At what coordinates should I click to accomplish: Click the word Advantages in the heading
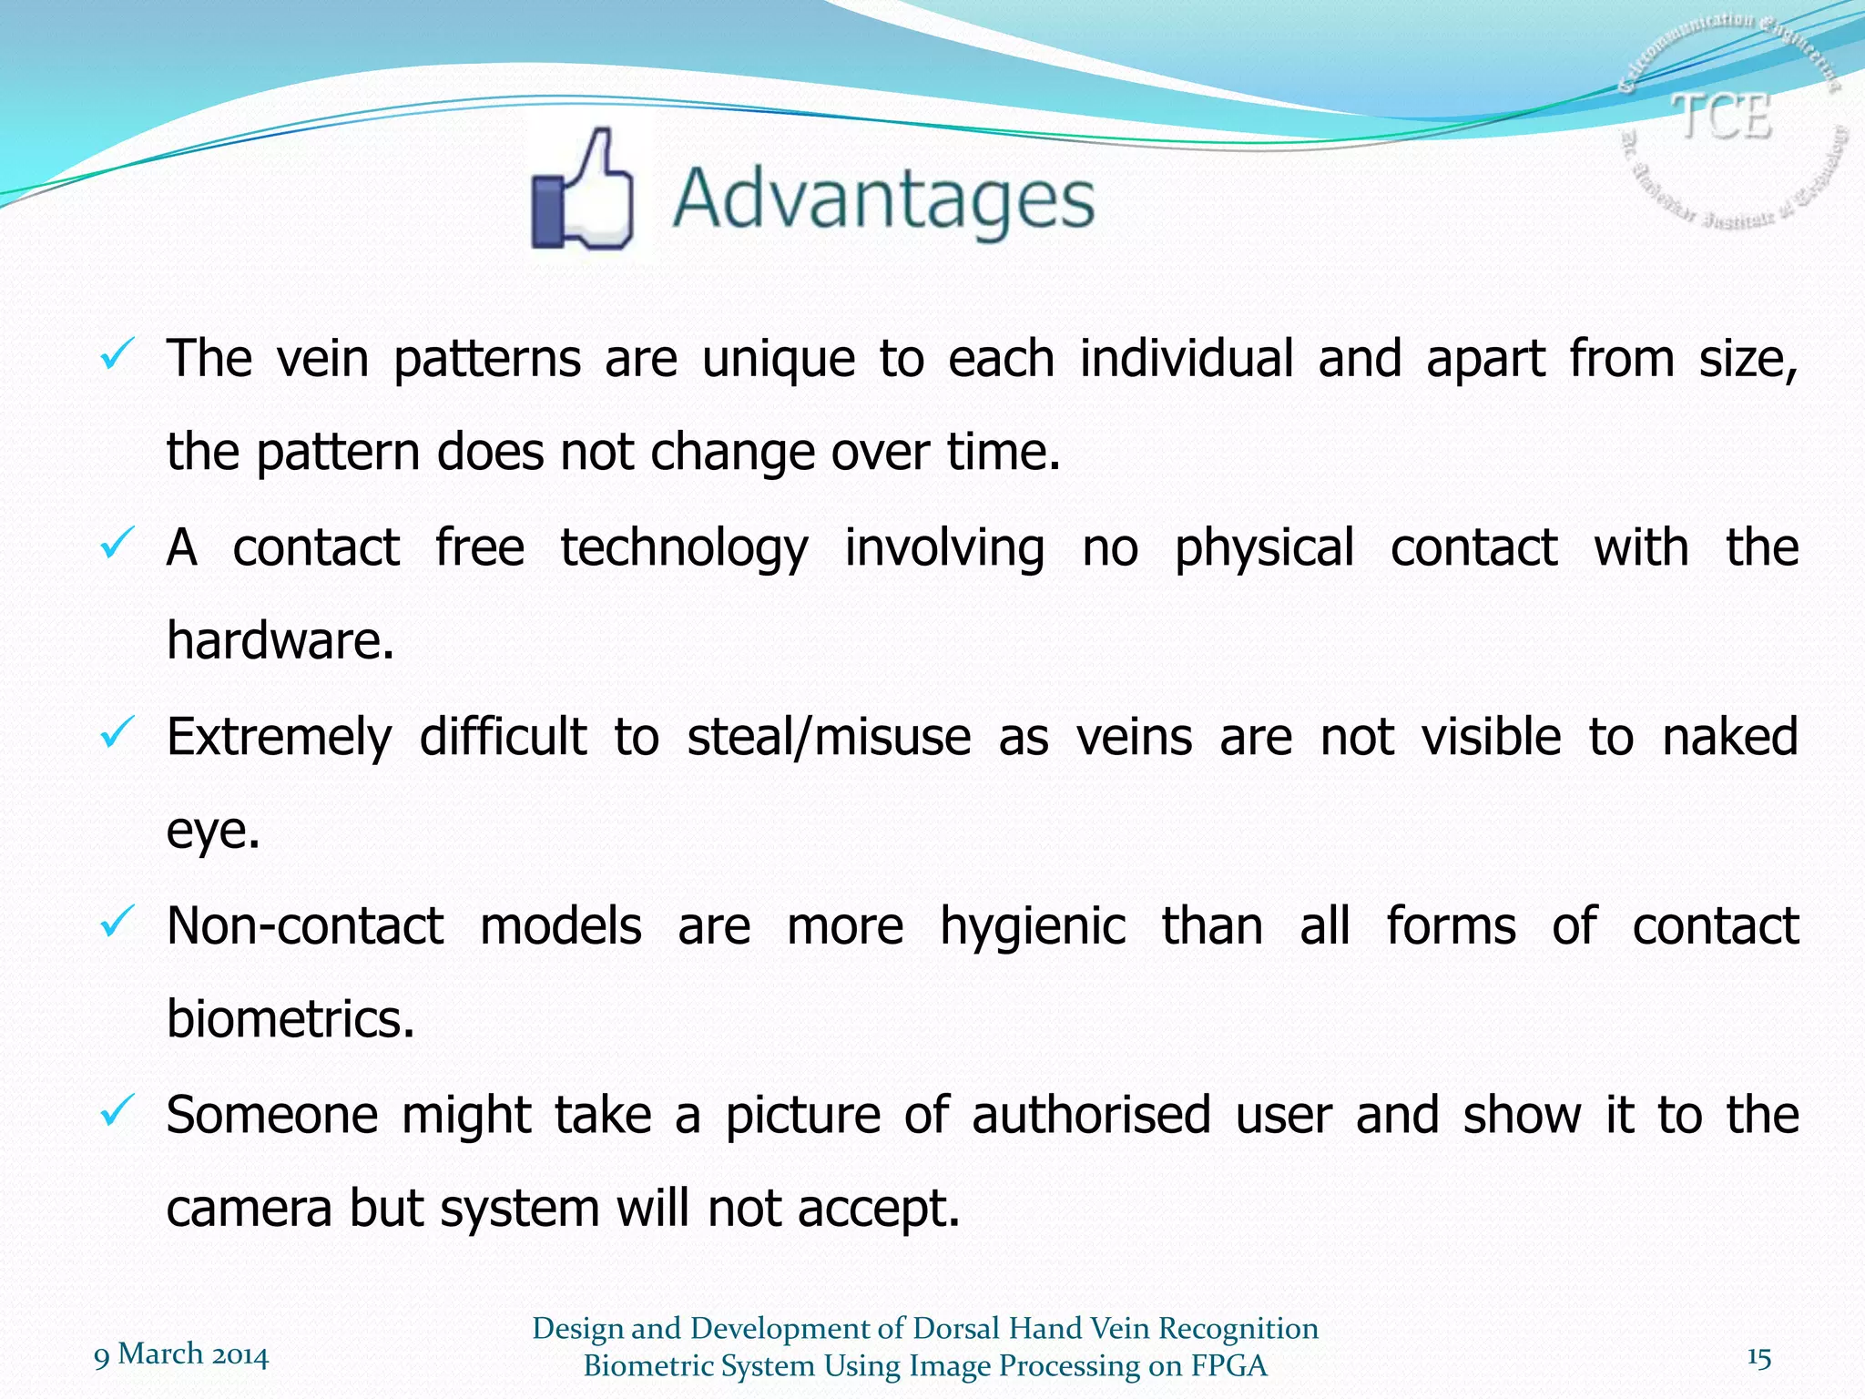click(883, 199)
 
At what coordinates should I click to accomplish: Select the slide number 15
click(1758, 1358)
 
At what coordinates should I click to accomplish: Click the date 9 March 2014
click(181, 1355)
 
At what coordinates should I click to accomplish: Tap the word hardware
click(280, 640)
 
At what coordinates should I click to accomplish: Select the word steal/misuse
click(829, 737)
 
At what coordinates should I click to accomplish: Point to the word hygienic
click(1033, 927)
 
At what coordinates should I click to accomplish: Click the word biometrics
click(290, 1018)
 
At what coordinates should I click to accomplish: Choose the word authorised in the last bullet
click(1091, 1116)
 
